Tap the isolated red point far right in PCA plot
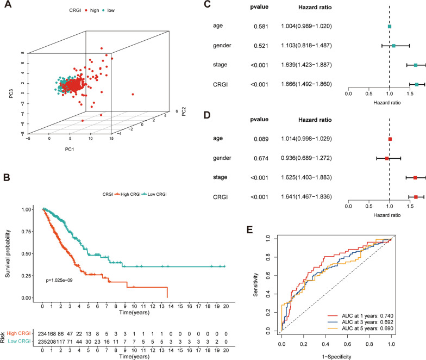point(133,95)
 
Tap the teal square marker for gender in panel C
point(393,46)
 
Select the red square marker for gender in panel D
point(387,158)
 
